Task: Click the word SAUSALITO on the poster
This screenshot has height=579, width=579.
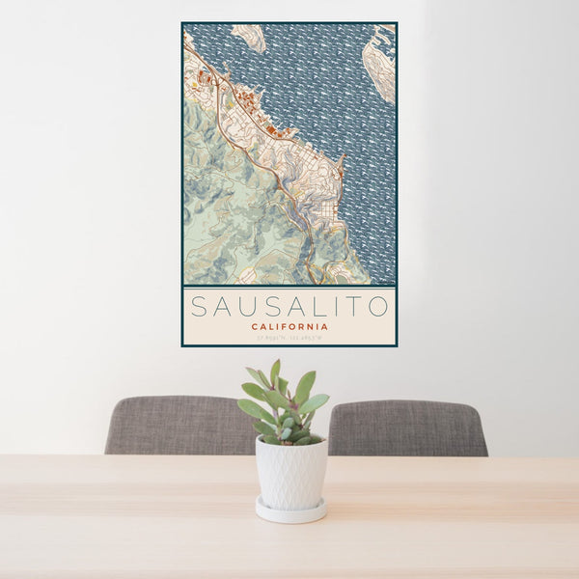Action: pyautogui.click(x=289, y=307)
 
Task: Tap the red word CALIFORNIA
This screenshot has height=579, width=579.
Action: pyautogui.click(x=289, y=327)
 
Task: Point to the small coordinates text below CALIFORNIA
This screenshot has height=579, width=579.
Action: pyautogui.click(x=289, y=338)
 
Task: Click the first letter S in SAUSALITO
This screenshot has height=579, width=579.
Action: pyautogui.click(x=198, y=307)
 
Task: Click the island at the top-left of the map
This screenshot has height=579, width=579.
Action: pyautogui.click(x=248, y=38)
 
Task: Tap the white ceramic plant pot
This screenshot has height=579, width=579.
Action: pyautogui.click(x=290, y=472)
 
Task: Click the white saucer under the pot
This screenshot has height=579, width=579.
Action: pyautogui.click(x=290, y=511)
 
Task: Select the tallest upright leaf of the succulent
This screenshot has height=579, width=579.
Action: pyautogui.click(x=275, y=372)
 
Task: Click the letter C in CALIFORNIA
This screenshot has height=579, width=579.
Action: pyautogui.click(x=254, y=327)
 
